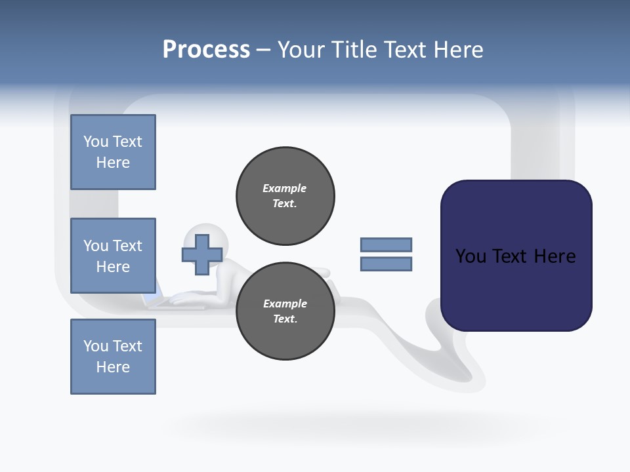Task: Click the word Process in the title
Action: coord(206,50)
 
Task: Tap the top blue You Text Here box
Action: coord(113,152)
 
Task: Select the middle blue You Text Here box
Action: coord(113,256)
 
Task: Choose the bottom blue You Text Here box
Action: coord(113,357)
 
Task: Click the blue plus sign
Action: coord(201,256)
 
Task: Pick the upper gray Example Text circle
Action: coord(285,195)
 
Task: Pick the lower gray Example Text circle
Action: coord(285,311)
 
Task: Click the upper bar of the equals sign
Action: coord(386,245)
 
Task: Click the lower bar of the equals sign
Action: coord(386,264)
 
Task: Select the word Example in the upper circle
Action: coord(285,188)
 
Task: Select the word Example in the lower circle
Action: coord(285,304)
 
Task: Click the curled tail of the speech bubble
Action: coord(453,361)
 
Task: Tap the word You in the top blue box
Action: coord(96,142)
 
